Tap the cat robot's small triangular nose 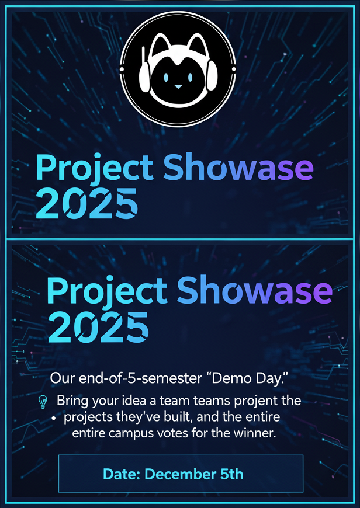tap(178, 86)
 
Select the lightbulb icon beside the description tap(43, 402)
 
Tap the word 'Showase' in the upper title tap(238, 168)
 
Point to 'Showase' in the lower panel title tap(255, 291)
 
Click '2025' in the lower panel tap(98, 328)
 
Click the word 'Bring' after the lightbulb tap(72, 401)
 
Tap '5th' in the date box tap(231, 474)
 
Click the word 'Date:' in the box tap(122, 474)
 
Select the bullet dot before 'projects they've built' tap(53, 419)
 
